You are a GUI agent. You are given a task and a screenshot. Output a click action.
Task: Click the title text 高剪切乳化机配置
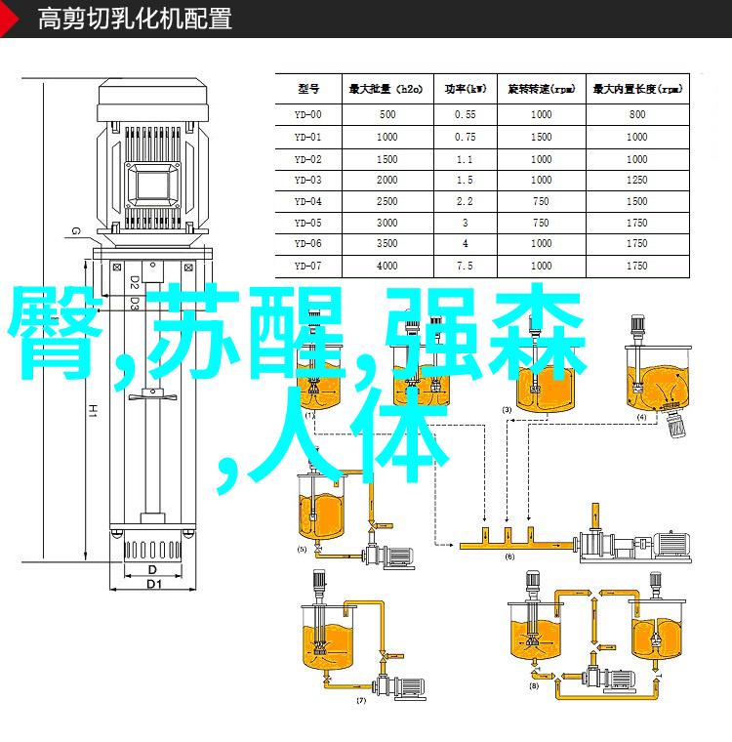click(x=135, y=19)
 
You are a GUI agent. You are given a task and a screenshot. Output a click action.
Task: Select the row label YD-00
click(x=308, y=114)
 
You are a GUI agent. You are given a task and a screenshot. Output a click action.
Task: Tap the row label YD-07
click(x=308, y=266)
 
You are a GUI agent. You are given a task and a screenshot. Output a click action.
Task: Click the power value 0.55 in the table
click(x=465, y=114)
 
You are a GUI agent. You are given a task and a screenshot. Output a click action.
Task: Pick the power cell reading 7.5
click(x=465, y=266)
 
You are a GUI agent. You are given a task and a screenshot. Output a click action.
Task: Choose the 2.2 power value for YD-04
click(x=465, y=201)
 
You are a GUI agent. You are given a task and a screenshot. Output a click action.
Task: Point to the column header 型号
click(x=308, y=89)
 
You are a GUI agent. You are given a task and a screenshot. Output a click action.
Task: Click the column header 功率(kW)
click(x=465, y=89)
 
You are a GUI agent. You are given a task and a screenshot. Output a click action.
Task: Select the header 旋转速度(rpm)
click(x=542, y=89)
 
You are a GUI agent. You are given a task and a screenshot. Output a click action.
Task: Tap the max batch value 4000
click(x=386, y=266)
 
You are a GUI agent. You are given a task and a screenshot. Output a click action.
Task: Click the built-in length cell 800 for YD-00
click(x=637, y=114)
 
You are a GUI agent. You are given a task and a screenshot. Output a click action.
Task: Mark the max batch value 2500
click(x=386, y=201)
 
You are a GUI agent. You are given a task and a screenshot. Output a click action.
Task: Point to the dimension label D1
click(x=153, y=584)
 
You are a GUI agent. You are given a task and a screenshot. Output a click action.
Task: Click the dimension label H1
click(x=89, y=386)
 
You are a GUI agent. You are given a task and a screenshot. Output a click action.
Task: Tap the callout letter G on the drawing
click(x=74, y=230)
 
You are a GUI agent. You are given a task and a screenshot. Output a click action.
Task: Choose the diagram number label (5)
click(x=303, y=550)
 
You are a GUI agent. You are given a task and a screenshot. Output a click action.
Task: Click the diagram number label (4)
click(x=641, y=417)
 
